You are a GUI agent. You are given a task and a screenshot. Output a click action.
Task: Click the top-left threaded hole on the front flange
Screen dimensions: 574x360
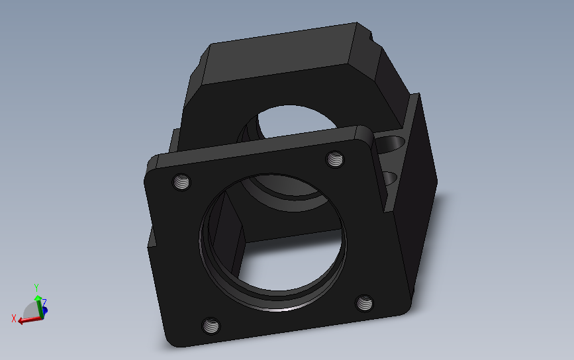point(181,182)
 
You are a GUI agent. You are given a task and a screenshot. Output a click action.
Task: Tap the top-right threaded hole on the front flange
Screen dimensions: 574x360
point(335,159)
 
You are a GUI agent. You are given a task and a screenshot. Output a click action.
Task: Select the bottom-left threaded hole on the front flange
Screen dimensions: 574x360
point(211,326)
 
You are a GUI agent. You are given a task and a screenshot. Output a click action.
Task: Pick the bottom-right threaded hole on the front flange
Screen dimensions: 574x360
point(364,303)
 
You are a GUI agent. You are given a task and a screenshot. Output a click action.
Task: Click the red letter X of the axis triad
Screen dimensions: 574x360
point(14,318)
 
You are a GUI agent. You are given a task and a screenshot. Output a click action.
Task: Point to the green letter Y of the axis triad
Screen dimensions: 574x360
point(36,287)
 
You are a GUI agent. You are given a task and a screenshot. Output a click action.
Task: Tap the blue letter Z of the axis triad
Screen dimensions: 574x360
point(44,302)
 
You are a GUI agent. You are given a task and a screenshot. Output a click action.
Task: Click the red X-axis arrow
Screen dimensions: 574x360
point(30,320)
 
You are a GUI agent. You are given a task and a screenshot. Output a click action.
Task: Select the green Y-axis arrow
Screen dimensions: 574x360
point(38,306)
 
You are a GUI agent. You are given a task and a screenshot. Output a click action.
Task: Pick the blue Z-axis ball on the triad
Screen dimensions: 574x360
point(45,311)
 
